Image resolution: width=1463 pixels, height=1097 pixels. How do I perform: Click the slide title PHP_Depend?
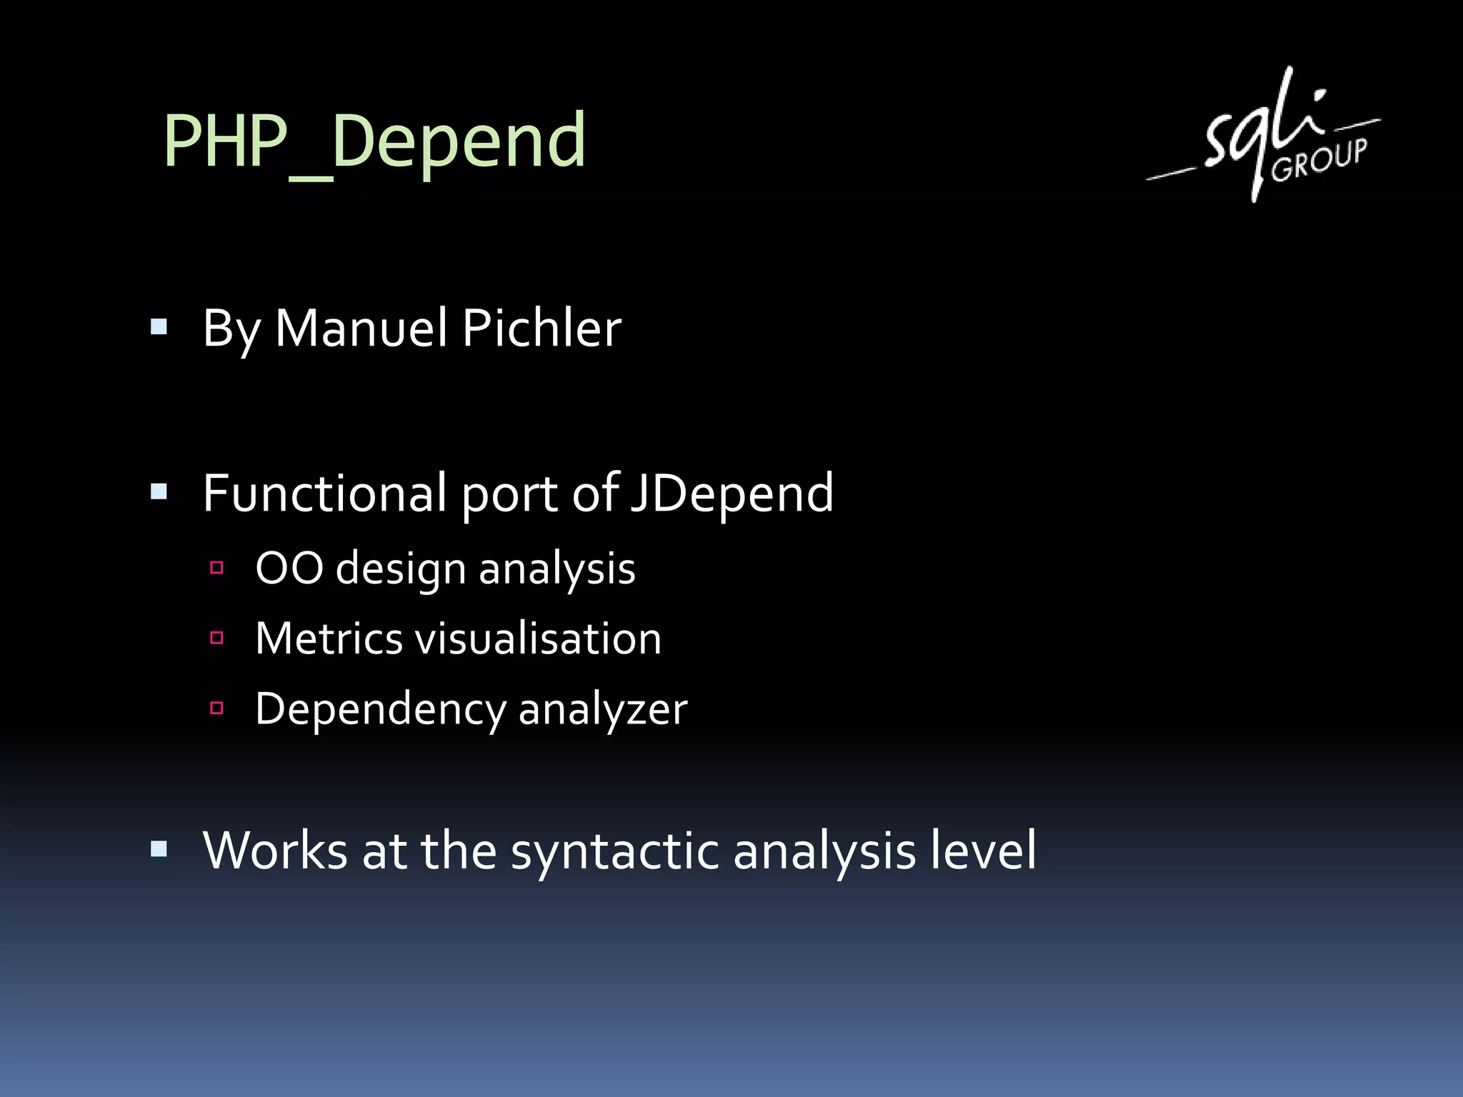(x=374, y=141)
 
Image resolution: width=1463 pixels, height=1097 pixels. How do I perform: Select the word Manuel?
(x=361, y=329)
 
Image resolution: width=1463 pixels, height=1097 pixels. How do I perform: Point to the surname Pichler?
(x=541, y=329)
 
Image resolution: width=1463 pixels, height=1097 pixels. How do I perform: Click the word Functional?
(x=325, y=493)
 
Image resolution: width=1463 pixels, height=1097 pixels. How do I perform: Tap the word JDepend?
(x=731, y=494)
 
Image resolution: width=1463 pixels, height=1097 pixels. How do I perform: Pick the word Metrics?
(x=329, y=638)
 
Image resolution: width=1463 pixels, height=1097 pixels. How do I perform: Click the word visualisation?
(x=539, y=638)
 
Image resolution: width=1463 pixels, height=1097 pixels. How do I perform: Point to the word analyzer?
(x=602, y=710)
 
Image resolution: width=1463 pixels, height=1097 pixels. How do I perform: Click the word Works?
(x=275, y=851)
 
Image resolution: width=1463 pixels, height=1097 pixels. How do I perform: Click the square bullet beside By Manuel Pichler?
(x=159, y=328)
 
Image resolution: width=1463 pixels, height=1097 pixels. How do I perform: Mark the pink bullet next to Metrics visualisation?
(x=217, y=638)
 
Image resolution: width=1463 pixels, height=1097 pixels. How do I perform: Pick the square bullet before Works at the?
(x=159, y=849)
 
